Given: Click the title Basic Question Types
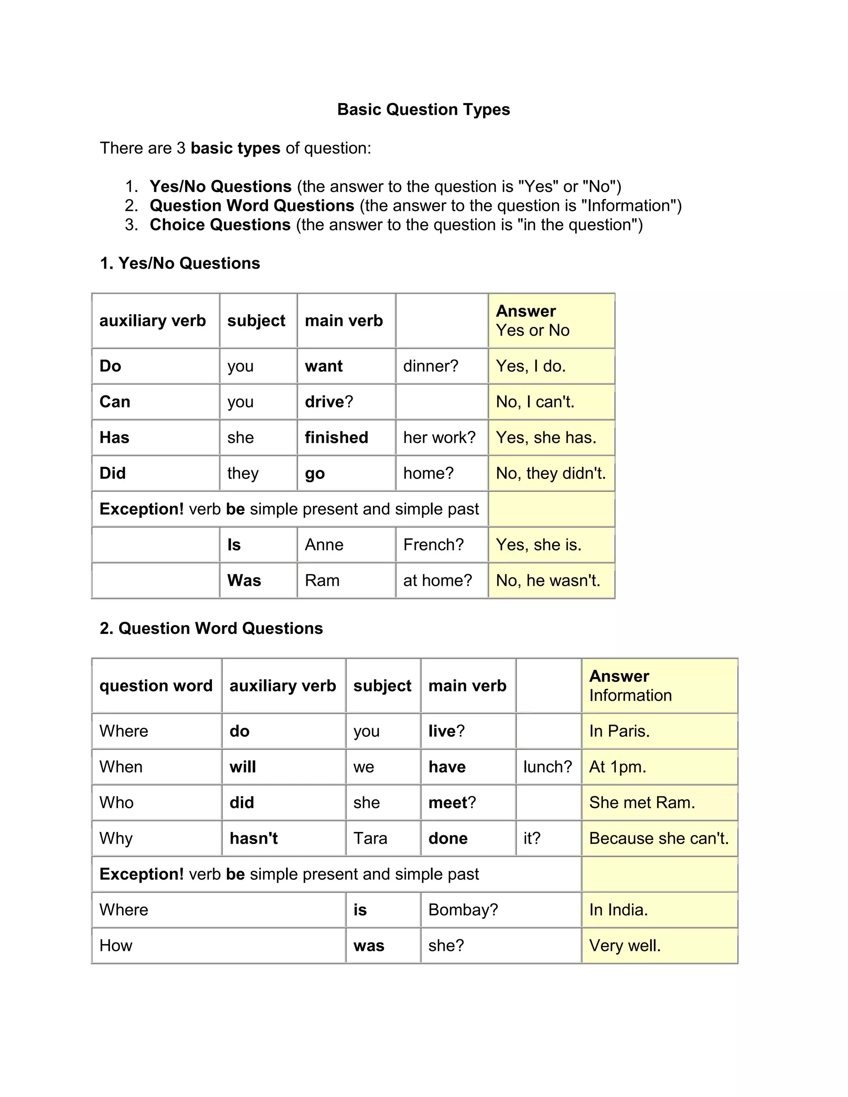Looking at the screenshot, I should click(x=423, y=110).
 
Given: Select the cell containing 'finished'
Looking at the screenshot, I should click(x=336, y=438).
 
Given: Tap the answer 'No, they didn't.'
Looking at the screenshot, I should click(x=551, y=473).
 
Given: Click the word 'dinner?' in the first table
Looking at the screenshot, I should click(x=431, y=366).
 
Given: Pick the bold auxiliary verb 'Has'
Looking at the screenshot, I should click(x=115, y=438).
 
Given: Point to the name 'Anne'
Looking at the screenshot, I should click(x=324, y=545).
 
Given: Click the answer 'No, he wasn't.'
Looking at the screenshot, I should click(x=548, y=581).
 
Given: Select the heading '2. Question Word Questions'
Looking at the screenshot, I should click(x=211, y=628).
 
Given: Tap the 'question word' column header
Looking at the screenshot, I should click(x=156, y=686).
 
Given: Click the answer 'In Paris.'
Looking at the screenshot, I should click(x=619, y=731).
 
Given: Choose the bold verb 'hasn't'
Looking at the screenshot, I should click(x=254, y=838).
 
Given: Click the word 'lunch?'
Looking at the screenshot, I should click(x=547, y=767).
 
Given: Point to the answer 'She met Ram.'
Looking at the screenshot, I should click(x=641, y=803).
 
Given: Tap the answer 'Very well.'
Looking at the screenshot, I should click(x=624, y=946).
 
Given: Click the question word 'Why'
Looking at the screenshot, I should click(x=116, y=838).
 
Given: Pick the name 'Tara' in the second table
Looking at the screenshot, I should click(x=370, y=838).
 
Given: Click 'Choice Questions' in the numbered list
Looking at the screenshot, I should click(x=220, y=224).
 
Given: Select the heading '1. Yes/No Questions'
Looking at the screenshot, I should click(x=180, y=263).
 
